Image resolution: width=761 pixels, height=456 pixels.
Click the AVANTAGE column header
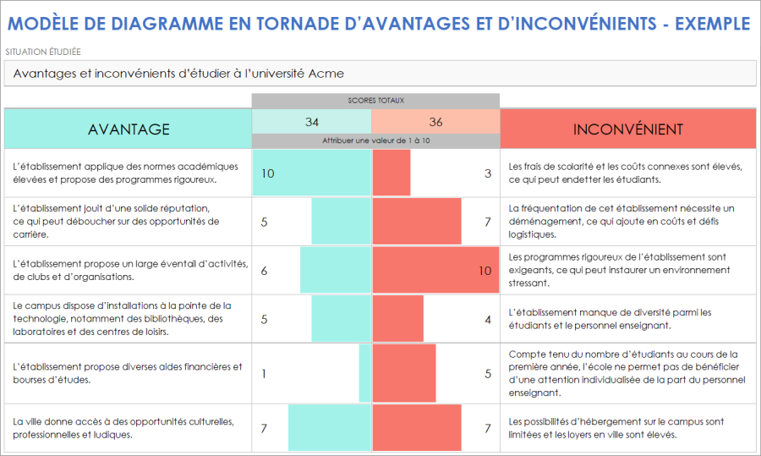129,129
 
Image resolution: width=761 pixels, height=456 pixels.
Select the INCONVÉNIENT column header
627,129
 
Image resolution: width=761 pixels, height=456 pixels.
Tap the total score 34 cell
312,122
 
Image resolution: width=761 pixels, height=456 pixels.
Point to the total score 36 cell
435,122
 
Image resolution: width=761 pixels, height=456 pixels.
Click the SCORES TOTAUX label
375,101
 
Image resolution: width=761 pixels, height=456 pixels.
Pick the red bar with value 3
391,173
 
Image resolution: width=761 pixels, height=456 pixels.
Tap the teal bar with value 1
365,373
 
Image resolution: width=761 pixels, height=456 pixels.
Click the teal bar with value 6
336,271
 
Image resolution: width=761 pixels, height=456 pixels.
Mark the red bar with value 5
403,373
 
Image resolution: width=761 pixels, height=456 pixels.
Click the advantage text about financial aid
128,373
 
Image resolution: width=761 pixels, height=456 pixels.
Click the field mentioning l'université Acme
380,74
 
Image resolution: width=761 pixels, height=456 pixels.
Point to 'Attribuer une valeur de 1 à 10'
375,140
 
